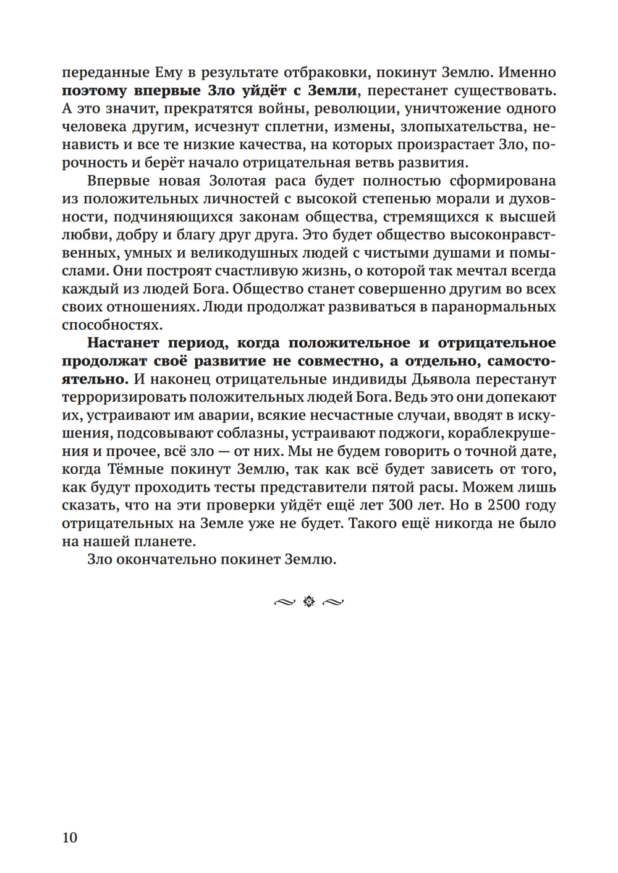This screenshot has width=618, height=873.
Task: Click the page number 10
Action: [70, 838]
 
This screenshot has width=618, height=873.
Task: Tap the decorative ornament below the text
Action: [308, 601]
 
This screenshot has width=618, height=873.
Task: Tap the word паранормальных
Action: [491, 307]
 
